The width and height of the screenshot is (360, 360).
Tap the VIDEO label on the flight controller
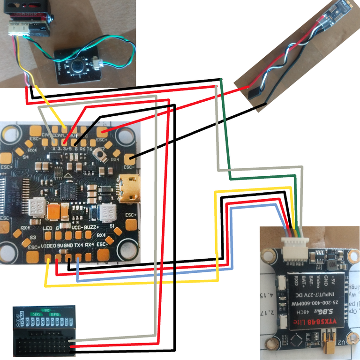click(49, 246)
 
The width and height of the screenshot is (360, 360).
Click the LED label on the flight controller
click(47, 228)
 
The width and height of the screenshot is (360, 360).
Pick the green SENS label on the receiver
click(36, 314)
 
